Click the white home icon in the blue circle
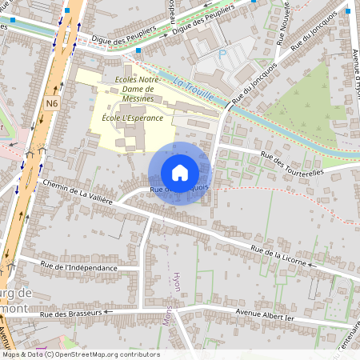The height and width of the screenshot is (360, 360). coord(179,173)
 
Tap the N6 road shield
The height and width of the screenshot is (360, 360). coord(52,103)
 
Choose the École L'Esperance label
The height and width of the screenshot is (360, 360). coord(132,118)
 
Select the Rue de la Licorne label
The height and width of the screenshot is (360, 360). coord(281,255)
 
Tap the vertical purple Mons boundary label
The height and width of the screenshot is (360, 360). coord(168,311)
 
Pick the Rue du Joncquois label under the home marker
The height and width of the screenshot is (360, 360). coord(180,189)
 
